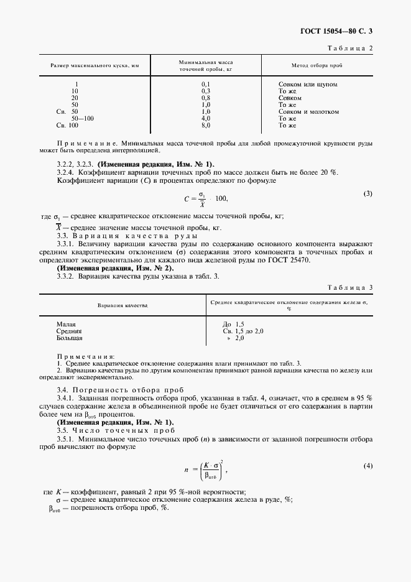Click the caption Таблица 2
(353, 48)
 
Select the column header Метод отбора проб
(316, 66)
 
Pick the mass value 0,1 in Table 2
(206, 84)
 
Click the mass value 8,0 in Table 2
(206, 125)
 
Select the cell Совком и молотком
(308, 111)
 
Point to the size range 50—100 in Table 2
(83, 118)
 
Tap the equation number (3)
(367, 193)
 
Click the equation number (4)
(367, 466)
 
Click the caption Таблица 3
(353, 287)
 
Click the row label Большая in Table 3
(69, 338)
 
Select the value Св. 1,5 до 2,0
(243, 331)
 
